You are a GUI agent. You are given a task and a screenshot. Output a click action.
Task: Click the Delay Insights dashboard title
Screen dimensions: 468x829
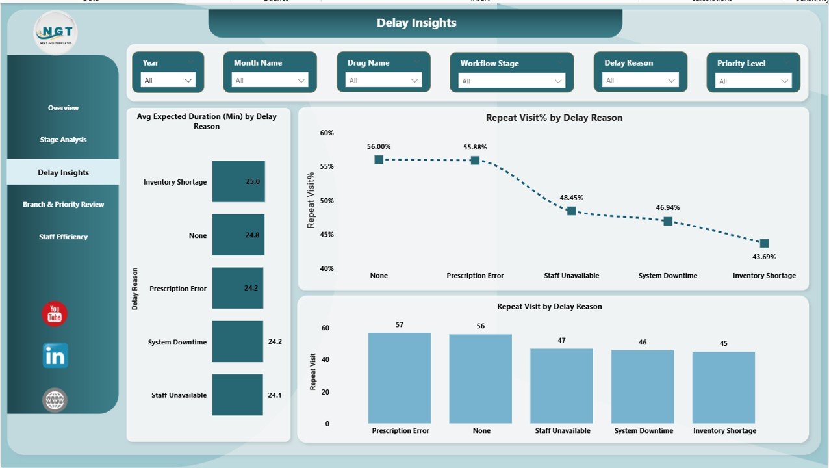click(x=416, y=23)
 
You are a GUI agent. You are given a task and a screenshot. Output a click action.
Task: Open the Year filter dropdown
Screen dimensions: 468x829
click(x=168, y=81)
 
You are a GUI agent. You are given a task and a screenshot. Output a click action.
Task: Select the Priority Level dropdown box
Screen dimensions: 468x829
click(x=753, y=81)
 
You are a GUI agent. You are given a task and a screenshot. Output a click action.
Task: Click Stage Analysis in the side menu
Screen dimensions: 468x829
click(x=63, y=140)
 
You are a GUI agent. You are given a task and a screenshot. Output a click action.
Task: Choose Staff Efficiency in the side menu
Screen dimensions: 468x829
click(x=63, y=237)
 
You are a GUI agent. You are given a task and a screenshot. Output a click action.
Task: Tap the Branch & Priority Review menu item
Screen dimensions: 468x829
click(x=63, y=204)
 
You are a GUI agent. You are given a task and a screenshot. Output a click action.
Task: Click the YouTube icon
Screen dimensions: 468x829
click(x=55, y=314)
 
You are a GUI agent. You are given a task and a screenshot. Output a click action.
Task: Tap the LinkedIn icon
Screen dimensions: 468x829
click(x=55, y=356)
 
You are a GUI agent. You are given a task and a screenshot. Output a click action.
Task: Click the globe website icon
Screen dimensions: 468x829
click(x=55, y=400)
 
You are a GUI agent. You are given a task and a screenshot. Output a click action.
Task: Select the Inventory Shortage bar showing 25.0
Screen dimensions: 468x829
click(x=238, y=182)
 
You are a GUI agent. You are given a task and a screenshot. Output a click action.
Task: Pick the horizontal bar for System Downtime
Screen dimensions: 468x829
click(x=238, y=341)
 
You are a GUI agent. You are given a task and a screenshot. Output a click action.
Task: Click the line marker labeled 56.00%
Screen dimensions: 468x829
click(x=379, y=160)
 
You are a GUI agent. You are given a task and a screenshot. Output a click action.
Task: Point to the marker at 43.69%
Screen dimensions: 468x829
click(x=764, y=243)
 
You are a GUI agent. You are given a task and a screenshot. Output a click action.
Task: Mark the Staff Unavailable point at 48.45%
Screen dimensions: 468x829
click(x=571, y=211)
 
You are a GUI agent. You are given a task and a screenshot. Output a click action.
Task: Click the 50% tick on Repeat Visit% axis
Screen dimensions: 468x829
click(x=327, y=201)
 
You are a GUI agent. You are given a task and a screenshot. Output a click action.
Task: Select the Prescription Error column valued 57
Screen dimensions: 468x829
click(x=399, y=378)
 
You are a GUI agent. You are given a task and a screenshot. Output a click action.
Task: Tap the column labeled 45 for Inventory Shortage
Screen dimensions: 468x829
click(x=723, y=387)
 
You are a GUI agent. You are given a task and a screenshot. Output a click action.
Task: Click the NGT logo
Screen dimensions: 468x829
click(x=55, y=32)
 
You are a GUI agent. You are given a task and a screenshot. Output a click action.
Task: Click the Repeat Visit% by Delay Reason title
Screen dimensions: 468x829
click(x=554, y=118)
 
